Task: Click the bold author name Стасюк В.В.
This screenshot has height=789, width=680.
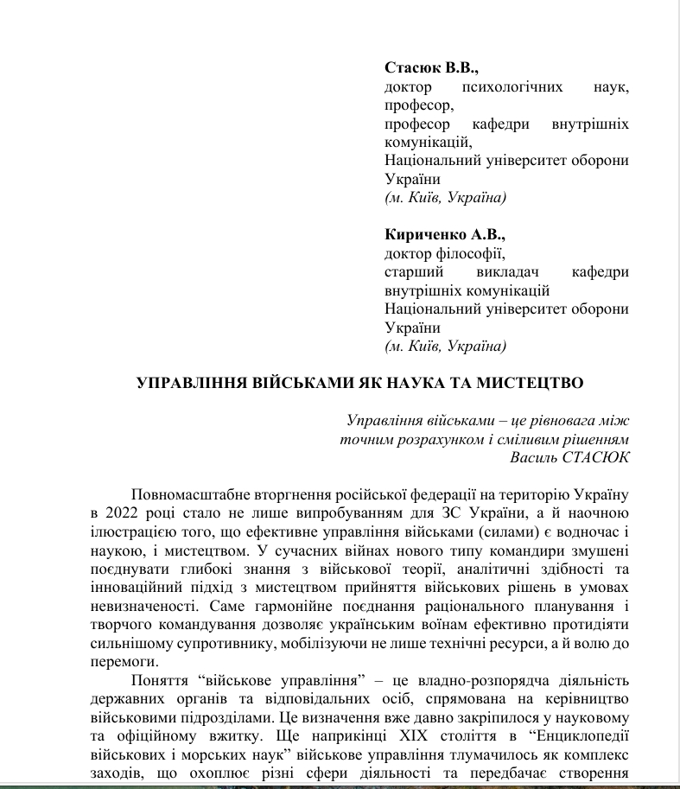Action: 430,67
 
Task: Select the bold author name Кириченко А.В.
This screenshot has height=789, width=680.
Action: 444,234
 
